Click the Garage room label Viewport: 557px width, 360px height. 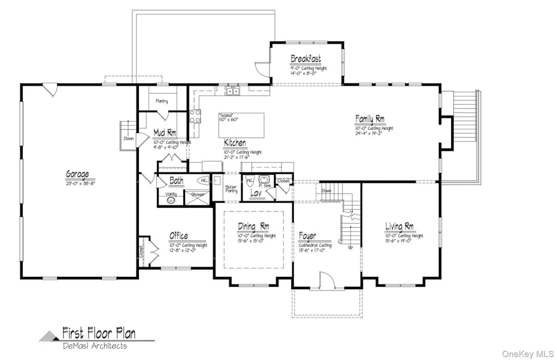tap(77, 174)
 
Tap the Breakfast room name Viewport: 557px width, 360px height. tap(305, 59)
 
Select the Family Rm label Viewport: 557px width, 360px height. tap(370, 119)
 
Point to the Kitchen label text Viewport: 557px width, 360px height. tap(235, 143)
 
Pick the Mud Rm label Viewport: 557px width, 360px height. tap(165, 132)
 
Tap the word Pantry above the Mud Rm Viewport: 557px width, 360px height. tap(162, 101)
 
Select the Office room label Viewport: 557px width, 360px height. tap(178, 236)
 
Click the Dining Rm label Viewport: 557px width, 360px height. tap(253, 226)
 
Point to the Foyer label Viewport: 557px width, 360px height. tap(307, 236)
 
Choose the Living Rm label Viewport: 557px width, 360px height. tap(399, 226)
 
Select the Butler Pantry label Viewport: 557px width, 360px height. tap(231, 189)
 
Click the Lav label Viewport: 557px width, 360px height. tap(256, 193)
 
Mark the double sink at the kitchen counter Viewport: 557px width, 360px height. tap(232, 91)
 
